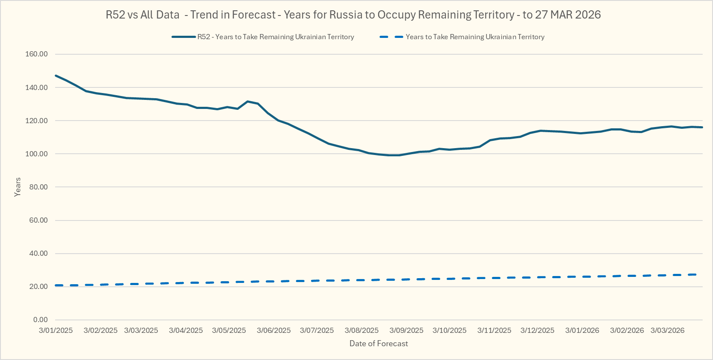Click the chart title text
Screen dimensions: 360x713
[x=353, y=15]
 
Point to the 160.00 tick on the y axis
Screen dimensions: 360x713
[x=37, y=54]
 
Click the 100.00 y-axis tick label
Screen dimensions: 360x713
[x=37, y=154]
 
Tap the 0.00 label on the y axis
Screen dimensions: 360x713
[x=40, y=320]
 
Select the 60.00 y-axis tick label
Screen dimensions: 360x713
[x=38, y=220]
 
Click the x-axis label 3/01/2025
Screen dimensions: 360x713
[x=56, y=331]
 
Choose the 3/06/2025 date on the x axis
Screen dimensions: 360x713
[x=274, y=331]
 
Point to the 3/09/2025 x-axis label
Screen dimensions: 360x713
[x=406, y=331]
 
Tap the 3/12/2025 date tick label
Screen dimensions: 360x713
[x=537, y=331]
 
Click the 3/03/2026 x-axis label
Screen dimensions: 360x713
[x=667, y=331]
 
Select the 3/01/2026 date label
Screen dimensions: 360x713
[x=582, y=331]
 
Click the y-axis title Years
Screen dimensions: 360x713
[x=18, y=187]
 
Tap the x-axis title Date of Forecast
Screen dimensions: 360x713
[x=378, y=344]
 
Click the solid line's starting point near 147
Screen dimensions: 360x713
[x=56, y=76]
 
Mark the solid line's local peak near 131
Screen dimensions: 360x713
[x=247, y=101]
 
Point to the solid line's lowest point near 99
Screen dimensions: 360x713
[x=394, y=155]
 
